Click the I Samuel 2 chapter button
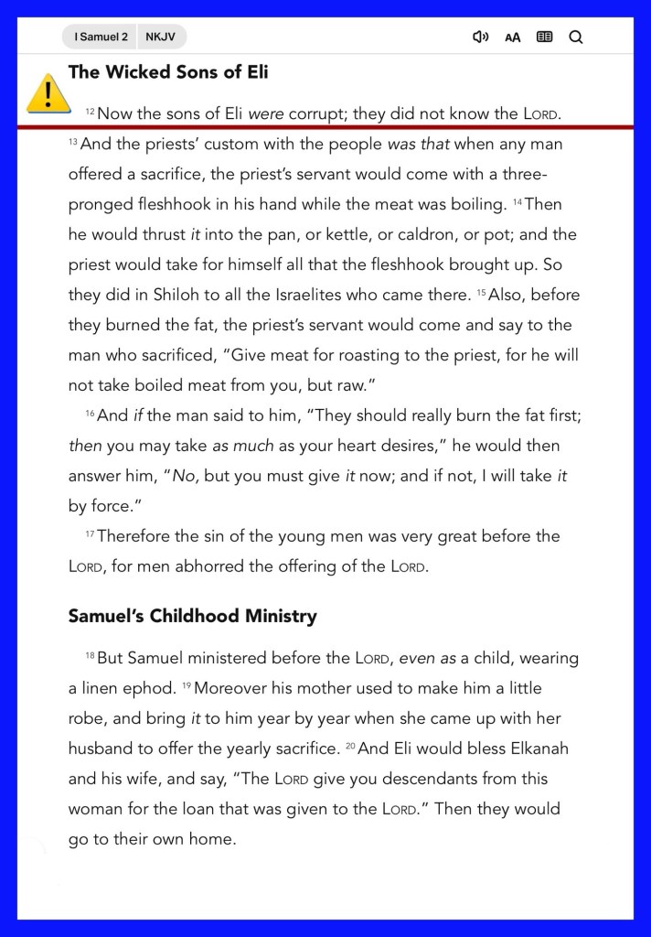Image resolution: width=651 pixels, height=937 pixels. (x=101, y=38)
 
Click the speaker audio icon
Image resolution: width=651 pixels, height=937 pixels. (x=480, y=38)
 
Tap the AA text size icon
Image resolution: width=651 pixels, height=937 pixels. (x=513, y=38)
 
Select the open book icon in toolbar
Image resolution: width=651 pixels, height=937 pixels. (x=544, y=38)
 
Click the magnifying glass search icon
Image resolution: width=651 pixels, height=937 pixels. (x=575, y=38)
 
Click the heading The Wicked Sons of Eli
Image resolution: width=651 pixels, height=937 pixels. (x=168, y=71)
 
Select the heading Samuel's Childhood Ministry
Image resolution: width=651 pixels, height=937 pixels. (x=193, y=616)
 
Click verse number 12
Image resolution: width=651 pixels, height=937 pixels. (x=90, y=112)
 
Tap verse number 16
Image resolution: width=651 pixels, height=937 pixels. (x=90, y=414)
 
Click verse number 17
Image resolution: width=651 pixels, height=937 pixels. (x=90, y=534)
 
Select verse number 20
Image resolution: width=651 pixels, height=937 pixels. (x=350, y=747)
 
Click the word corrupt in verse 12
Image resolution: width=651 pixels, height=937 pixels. (x=317, y=114)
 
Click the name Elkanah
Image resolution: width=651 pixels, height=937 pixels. (x=532, y=749)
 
